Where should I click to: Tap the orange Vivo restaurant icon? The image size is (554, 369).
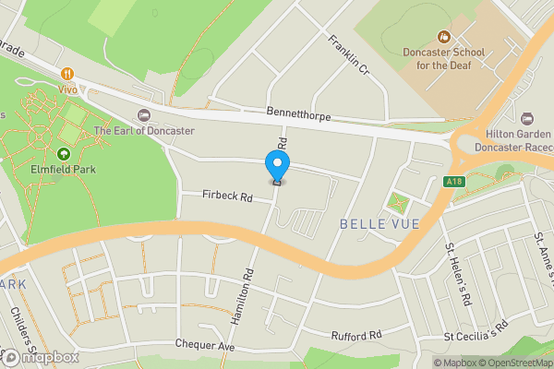[x=67, y=74]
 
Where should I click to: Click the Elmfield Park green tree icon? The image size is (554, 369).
[x=64, y=154]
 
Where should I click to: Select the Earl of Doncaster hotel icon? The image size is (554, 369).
[x=143, y=114]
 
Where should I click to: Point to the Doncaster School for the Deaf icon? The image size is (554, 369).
[x=443, y=37]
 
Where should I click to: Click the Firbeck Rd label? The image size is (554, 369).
[x=228, y=196]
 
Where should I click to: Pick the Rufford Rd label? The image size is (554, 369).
[x=355, y=336]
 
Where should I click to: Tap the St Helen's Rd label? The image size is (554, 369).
[x=458, y=274]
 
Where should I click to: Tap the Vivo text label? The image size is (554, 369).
[x=67, y=90]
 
